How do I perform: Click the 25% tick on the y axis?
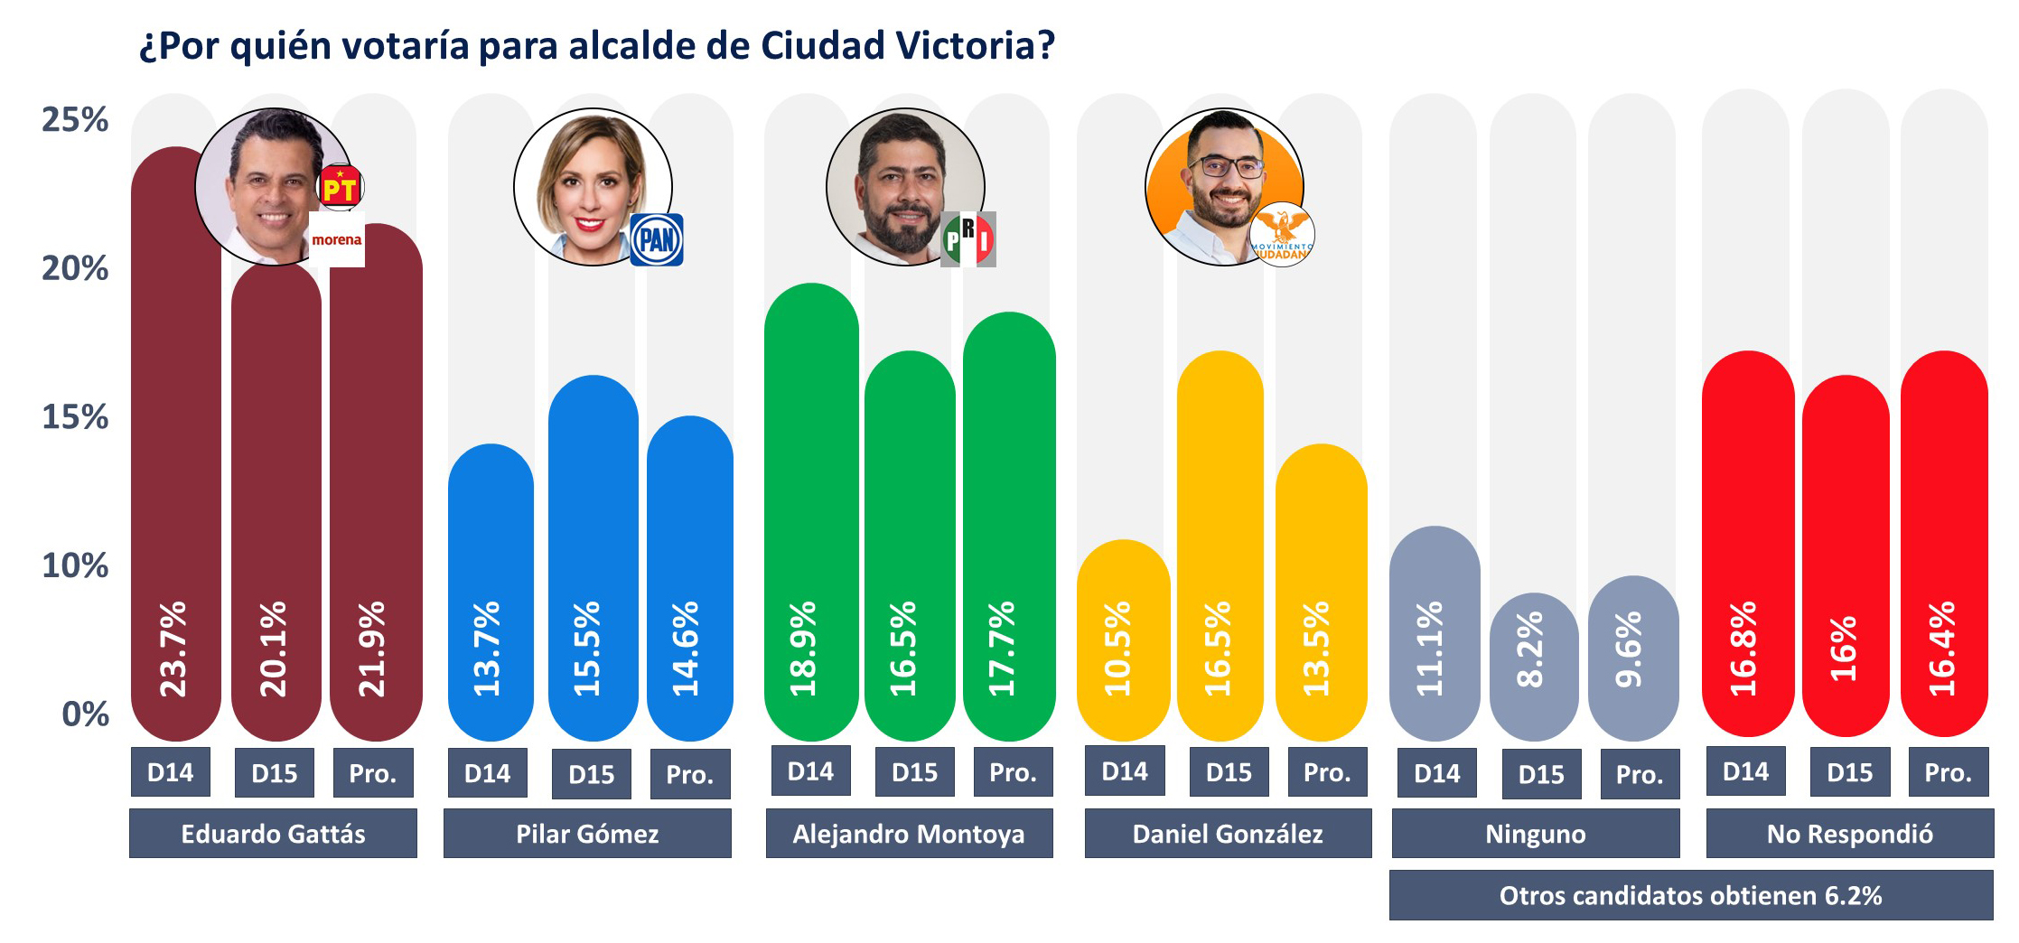coord(75,119)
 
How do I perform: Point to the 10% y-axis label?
coord(75,566)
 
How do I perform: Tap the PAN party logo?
coord(656,239)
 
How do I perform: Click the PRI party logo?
coord(968,239)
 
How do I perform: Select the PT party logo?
coord(341,188)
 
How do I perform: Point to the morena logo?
coord(336,240)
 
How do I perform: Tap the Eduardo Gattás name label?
coord(273,834)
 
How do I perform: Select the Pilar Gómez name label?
coord(587,834)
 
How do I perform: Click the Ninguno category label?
coord(1535,834)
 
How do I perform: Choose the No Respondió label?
coord(1849,834)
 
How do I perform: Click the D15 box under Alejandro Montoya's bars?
coord(914,772)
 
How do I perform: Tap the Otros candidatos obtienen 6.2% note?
coord(1690,895)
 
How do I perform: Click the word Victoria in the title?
coord(966,45)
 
